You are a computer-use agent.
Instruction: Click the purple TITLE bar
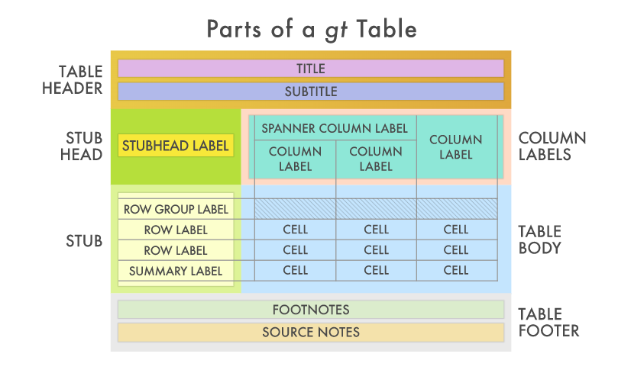[311, 69]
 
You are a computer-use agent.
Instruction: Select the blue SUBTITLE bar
[311, 92]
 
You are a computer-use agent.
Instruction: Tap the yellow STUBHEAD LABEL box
[176, 146]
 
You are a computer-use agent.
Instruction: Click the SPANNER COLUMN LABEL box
[335, 128]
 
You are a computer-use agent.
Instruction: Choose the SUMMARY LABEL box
[176, 271]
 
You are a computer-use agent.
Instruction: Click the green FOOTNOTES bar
[311, 310]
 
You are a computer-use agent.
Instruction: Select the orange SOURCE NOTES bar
[311, 333]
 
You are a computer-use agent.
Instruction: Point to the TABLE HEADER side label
[81, 80]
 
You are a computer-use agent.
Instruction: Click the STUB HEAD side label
[84, 146]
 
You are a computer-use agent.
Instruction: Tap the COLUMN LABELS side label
[552, 146]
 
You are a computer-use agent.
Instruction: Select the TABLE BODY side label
[540, 240]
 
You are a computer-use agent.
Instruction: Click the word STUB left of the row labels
[84, 241]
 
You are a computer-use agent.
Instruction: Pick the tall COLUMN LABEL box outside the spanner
[456, 147]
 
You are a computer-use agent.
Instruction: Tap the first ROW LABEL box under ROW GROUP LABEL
[176, 230]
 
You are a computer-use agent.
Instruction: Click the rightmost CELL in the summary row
[456, 270]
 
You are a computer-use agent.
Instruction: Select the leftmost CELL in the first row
[296, 230]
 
